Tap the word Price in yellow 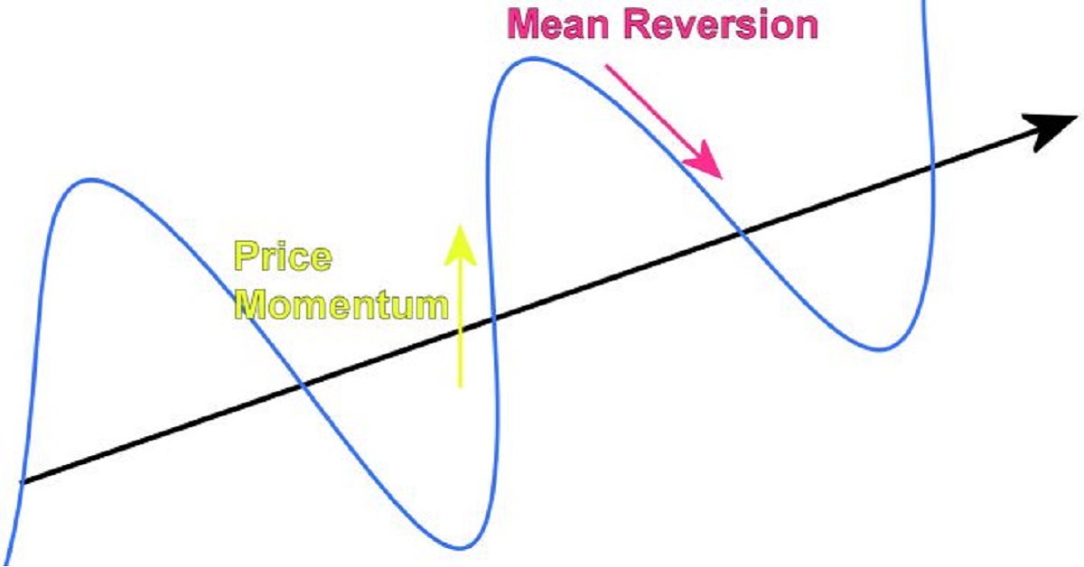tap(283, 257)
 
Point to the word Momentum tap(343, 305)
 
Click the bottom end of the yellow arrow tap(460, 386)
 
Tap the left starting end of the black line tap(22, 482)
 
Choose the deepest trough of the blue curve tap(462, 547)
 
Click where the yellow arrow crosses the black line tap(460, 331)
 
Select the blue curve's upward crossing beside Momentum tap(493, 320)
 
